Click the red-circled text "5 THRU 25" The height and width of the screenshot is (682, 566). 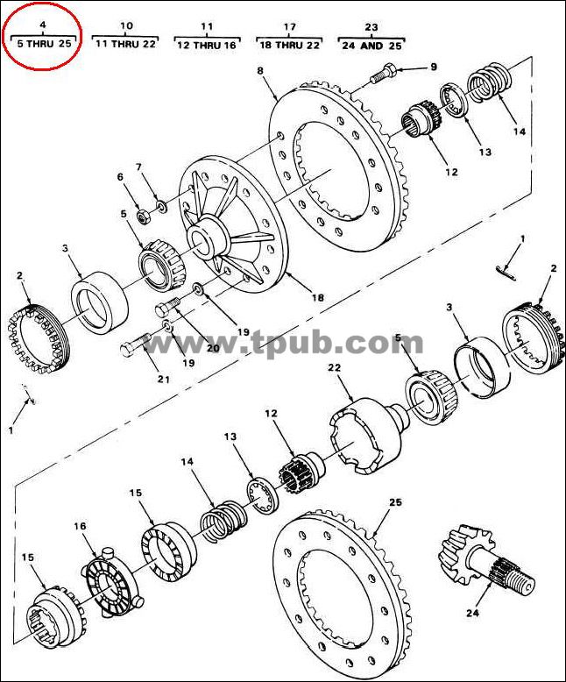click(x=44, y=44)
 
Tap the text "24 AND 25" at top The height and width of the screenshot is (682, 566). click(x=371, y=46)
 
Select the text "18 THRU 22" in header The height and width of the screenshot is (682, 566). click(x=289, y=46)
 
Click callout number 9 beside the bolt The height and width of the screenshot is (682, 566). click(x=434, y=67)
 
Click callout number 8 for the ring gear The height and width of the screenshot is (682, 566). click(x=260, y=70)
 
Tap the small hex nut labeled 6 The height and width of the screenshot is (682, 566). click(x=144, y=216)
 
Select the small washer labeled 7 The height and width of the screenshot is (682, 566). click(x=162, y=205)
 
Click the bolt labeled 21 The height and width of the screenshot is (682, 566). click(x=135, y=345)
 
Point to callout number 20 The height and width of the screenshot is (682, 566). click(x=213, y=348)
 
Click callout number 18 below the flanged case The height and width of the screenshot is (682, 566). click(x=318, y=298)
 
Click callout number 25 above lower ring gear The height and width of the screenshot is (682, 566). click(x=395, y=502)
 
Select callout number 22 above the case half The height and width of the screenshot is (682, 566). click(x=335, y=368)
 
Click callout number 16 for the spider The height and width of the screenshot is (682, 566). click(x=80, y=526)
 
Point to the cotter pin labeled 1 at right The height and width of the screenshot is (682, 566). click(x=506, y=273)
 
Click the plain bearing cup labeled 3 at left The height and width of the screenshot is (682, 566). click(x=100, y=302)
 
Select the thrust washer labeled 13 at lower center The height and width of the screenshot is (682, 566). click(x=264, y=496)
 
